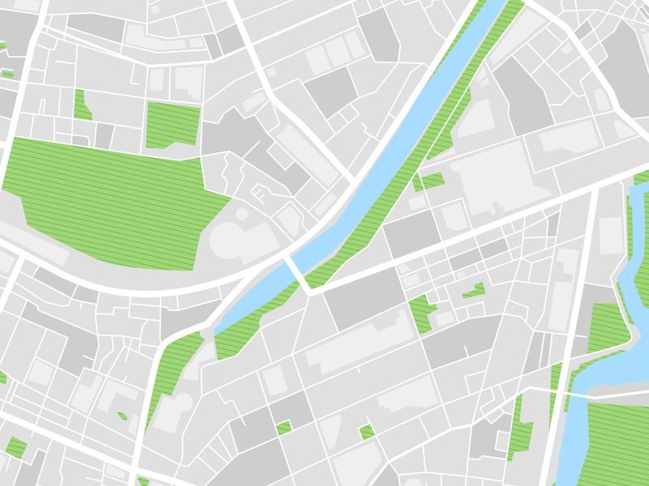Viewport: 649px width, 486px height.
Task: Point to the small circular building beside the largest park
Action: point(242,214)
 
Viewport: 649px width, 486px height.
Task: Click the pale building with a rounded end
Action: point(231,239)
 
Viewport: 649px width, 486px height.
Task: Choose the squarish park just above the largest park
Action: point(172,125)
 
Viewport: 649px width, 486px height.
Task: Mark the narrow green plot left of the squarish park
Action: point(81,105)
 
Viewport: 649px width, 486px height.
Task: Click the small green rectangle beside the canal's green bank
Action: point(430,180)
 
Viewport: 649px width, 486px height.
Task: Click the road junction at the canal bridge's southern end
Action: point(309,290)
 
